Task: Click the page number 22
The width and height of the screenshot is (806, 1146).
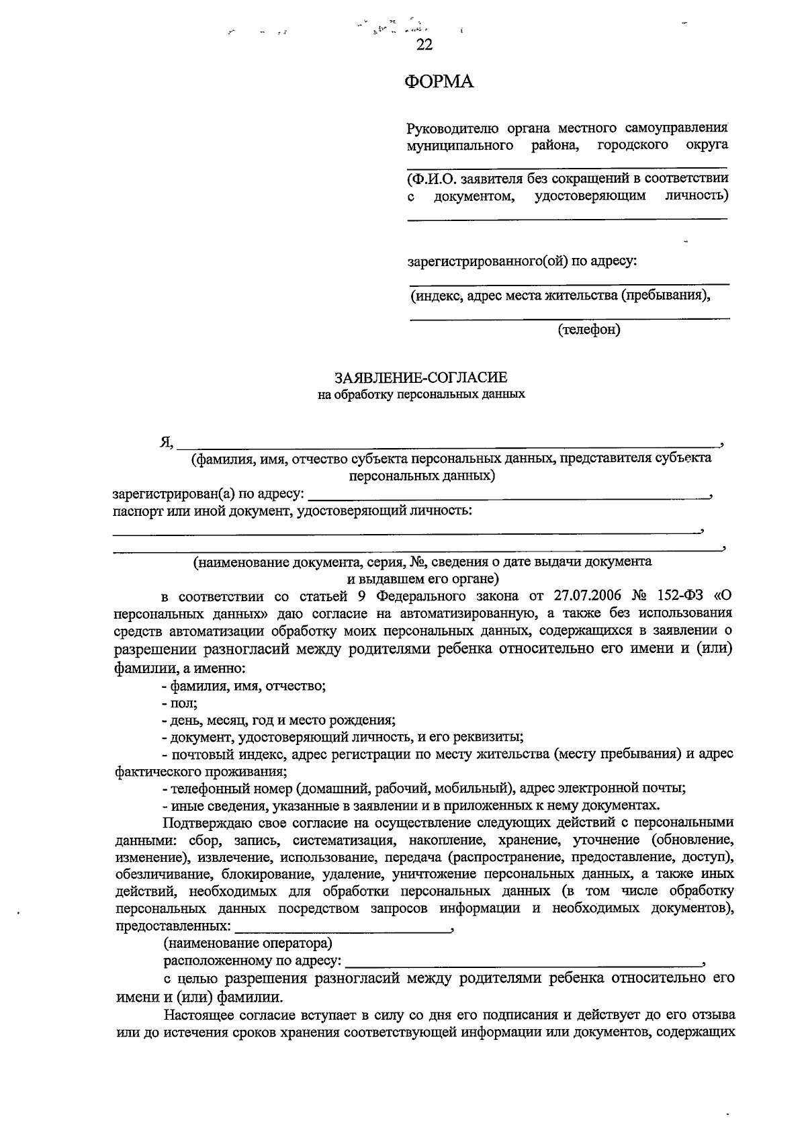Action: tap(424, 45)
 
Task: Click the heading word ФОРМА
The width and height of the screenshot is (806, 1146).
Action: tap(439, 82)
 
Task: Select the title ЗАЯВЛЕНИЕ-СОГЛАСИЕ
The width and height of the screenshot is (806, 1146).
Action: tap(421, 378)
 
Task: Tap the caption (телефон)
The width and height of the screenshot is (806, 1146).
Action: tap(588, 329)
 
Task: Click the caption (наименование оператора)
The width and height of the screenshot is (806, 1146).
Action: tap(248, 944)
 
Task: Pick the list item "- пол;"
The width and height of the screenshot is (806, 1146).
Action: tap(179, 703)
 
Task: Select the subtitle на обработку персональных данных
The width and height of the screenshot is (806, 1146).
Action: tap(421, 395)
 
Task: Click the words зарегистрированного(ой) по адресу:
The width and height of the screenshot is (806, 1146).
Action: tap(522, 260)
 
